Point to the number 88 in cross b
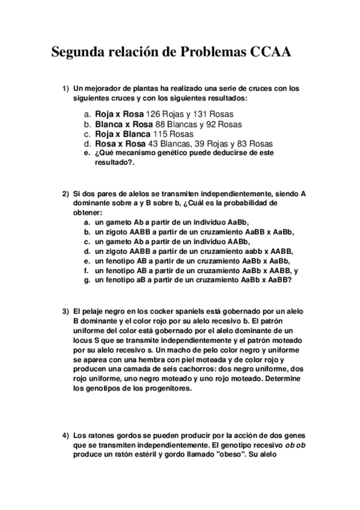point(160,124)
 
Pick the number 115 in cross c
point(160,134)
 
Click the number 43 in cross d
point(152,144)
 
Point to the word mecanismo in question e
point(139,154)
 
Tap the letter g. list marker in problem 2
point(87,280)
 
